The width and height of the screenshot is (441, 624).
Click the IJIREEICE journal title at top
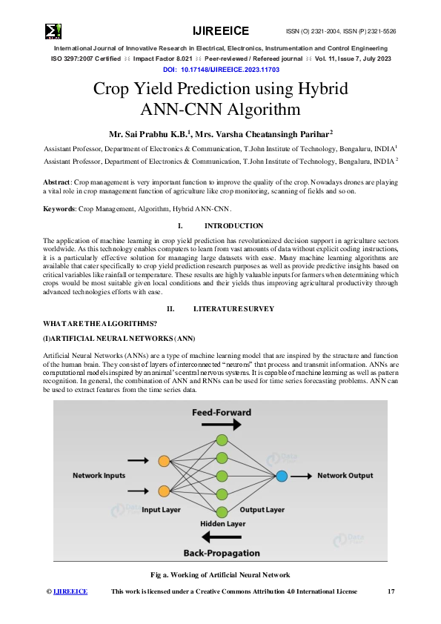point(220,31)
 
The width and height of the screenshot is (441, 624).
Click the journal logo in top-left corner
point(53,31)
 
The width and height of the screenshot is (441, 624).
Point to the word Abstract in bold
point(57,182)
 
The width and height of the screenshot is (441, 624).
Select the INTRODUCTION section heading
point(233,226)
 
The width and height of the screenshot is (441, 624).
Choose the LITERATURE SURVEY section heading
point(233,308)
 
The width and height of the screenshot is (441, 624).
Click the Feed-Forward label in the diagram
point(220,411)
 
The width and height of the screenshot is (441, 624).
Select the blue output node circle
point(282,476)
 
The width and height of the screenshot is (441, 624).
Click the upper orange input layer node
point(164,462)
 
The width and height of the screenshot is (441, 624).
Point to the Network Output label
point(345,475)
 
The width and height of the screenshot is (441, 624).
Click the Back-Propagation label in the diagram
point(222,553)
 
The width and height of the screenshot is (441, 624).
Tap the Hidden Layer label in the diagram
point(223,524)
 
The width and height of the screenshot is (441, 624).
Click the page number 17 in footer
point(391,591)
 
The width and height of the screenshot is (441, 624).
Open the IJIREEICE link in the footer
point(70,591)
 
